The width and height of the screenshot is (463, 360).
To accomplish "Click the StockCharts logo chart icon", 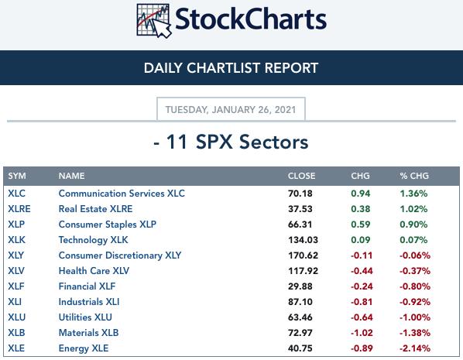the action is [154, 21].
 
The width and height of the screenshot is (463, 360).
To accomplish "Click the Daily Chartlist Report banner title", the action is [231, 68].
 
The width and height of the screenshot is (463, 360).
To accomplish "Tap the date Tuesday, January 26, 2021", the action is [231, 110].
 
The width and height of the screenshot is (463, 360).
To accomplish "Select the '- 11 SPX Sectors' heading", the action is [231, 142].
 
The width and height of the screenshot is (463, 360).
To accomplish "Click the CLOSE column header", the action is [301, 176].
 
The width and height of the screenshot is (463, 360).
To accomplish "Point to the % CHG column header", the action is [414, 176].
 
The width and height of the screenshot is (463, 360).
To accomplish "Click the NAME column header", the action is [71, 176].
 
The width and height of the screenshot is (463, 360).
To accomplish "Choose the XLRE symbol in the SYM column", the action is [19, 209].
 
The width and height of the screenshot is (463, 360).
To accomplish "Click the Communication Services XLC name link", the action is [122, 194].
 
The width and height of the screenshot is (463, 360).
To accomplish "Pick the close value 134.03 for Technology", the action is [303, 240].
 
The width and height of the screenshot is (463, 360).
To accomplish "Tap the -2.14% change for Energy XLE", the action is [414, 348].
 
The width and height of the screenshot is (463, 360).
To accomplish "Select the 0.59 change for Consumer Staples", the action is [361, 225].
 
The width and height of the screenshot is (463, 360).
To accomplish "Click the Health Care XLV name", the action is [94, 271].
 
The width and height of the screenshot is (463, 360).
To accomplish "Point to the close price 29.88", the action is [300, 286].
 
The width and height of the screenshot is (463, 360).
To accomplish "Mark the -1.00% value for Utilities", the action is [414, 317].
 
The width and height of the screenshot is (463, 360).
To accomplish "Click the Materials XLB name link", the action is [88, 333].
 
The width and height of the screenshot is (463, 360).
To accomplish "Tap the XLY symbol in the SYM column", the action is [16, 255].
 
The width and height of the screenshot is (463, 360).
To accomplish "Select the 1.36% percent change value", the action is [413, 194].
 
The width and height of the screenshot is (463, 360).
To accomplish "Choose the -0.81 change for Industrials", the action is [362, 302].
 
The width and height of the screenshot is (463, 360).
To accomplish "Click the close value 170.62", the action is [303, 255].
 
